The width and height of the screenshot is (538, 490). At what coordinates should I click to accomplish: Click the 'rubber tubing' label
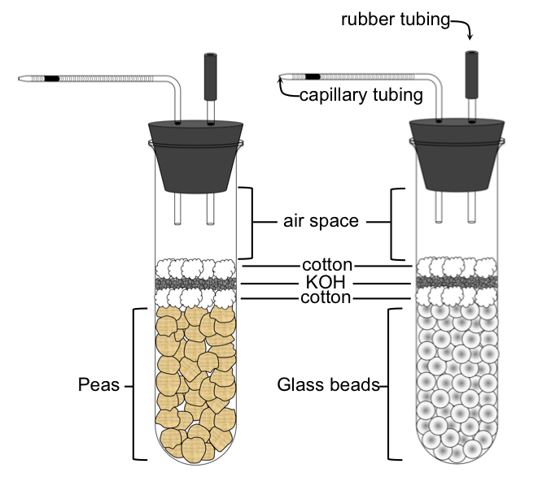point(395,20)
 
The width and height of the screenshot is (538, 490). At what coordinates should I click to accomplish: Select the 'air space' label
point(321,221)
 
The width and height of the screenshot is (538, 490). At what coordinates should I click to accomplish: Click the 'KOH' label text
point(326,282)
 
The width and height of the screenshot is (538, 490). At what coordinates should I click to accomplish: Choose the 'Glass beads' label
point(328,385)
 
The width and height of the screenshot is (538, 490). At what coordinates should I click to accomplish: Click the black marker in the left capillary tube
point(52,79)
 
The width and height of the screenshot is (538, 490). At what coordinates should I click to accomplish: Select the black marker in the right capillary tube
point(313,77)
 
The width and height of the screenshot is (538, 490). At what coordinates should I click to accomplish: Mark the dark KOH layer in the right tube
point(456,282)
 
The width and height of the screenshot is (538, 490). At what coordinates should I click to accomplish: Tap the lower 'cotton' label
point(326,298)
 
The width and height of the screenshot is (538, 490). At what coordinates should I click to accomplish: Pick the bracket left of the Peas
point(131,384)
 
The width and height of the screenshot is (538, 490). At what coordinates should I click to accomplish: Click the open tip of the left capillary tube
point(20,80)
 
